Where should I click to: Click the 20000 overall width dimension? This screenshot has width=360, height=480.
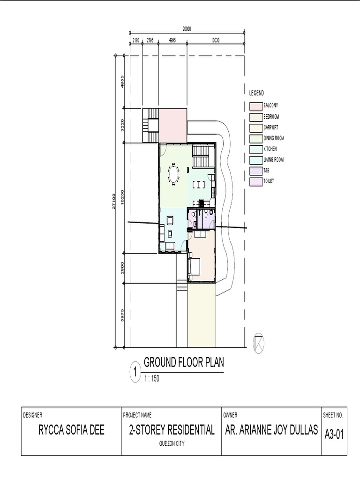point(187,29)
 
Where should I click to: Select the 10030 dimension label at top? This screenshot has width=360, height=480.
point(215,40)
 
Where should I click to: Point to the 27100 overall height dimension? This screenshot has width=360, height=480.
point(113,201)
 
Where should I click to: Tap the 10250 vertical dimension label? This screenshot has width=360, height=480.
point(122,197)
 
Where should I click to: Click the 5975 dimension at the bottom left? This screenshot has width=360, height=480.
point(122,315)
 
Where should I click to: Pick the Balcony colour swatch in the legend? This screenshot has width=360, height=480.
point(256,106)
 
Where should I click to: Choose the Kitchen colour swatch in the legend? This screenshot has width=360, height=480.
point(256,150)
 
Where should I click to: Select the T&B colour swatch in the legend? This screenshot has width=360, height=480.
point(256,171)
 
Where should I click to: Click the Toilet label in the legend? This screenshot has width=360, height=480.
point(269,181)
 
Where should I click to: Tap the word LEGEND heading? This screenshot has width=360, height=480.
point(256,93)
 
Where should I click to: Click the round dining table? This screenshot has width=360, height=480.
point(173,175)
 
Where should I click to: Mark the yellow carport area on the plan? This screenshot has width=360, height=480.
point(202,315)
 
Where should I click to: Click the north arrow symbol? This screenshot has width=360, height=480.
point(258,343)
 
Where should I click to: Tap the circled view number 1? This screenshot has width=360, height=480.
point(135,373)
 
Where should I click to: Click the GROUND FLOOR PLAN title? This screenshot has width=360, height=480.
point(184,362)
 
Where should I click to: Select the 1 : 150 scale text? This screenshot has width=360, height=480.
point(152,378)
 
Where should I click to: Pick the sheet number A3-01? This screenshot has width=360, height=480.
point(334,435)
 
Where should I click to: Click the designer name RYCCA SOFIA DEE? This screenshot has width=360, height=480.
point(71,430)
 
